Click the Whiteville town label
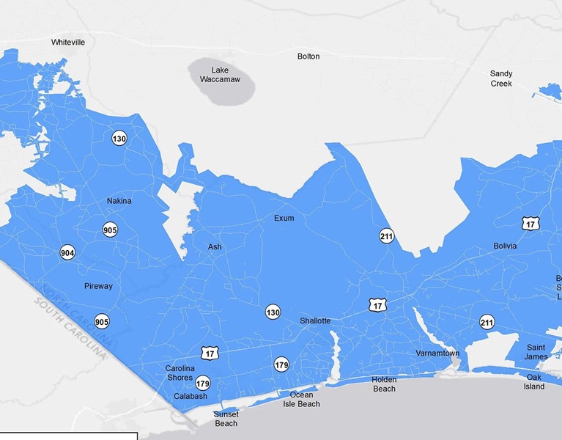[x=68, y=43]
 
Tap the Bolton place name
[x=308, y=56]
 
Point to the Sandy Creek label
[x=501, y=78]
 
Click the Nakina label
[x=119, y=201]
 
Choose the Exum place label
[x=284, y=219]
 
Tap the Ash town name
[x=215, y=247]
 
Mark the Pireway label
[x=98, y=286]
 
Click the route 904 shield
[x=67, y=252]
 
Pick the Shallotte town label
[x=315, y=321]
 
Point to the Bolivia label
[x=505, y=246]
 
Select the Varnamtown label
[x=437, y=353]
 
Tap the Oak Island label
[x=534, y=382]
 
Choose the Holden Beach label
[x=384, y=384]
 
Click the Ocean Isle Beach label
[x=300, y=400]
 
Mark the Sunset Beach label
[x=226, y=419]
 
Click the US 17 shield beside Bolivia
[x=531, y=223]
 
